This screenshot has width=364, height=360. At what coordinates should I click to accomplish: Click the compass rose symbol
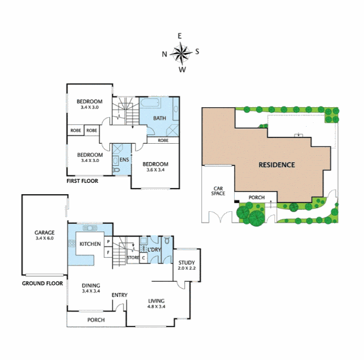coord(181,54)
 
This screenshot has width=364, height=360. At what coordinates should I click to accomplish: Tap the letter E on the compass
coord(180,36)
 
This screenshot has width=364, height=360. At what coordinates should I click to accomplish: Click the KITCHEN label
coord(90,244)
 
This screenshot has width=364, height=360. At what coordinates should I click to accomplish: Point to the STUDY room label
coord(186,263)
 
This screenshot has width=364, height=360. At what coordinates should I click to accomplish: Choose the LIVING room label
coord(156,301)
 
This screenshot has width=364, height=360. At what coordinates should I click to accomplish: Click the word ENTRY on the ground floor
coord(120,295)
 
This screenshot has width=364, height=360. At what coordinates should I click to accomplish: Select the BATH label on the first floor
coord(159,118)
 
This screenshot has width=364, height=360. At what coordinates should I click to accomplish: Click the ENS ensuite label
coord(124,160)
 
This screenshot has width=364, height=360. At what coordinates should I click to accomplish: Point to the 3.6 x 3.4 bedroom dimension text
coord(155,170)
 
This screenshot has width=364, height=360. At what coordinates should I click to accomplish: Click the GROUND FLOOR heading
coord(42,283)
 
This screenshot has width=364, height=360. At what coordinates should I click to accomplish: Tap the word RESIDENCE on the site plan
coord(276,165)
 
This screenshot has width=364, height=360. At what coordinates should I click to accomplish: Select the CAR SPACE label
coord(218,190)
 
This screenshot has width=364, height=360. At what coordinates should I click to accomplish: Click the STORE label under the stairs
coord(132,257)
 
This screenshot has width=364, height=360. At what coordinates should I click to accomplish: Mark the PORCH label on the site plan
coord(256,197)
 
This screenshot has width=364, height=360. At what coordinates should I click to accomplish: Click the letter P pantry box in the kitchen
coord(109,241)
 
